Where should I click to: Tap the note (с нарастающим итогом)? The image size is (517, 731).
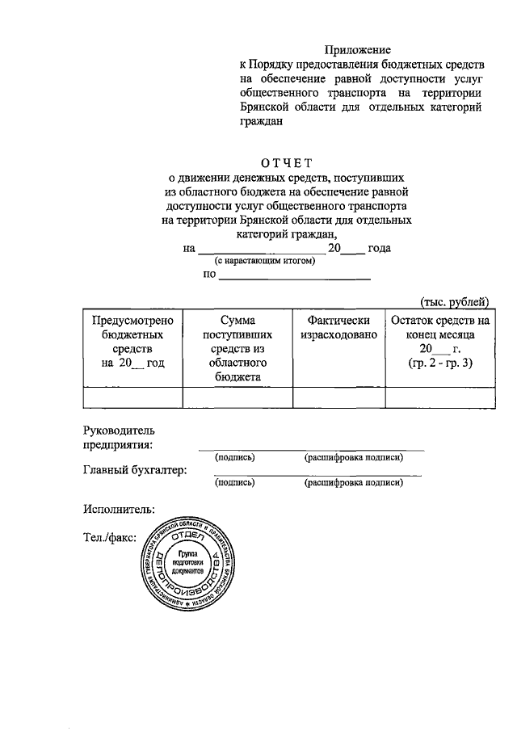click(264, 263)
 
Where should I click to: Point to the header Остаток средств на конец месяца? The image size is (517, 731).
click(440, 335)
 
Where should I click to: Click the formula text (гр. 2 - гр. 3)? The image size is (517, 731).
click(440, 363)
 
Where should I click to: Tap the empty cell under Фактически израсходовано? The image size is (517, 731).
click(338, 397)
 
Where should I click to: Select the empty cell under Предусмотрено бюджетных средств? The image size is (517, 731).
click(132, 397)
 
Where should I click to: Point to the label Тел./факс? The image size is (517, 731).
click(110, 536)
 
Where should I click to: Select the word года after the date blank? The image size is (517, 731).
click(379, 248)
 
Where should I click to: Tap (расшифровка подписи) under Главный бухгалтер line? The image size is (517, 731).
click(353, 483)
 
